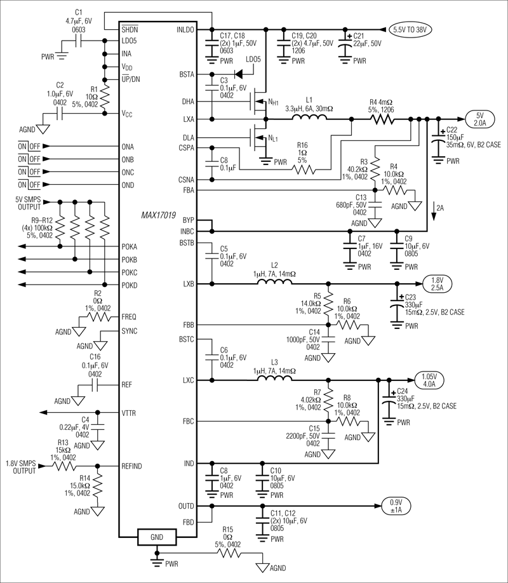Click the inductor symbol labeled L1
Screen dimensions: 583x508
pos(309,118)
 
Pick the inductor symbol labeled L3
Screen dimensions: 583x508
pos(274,380)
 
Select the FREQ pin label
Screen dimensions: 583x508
pos(129,316)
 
